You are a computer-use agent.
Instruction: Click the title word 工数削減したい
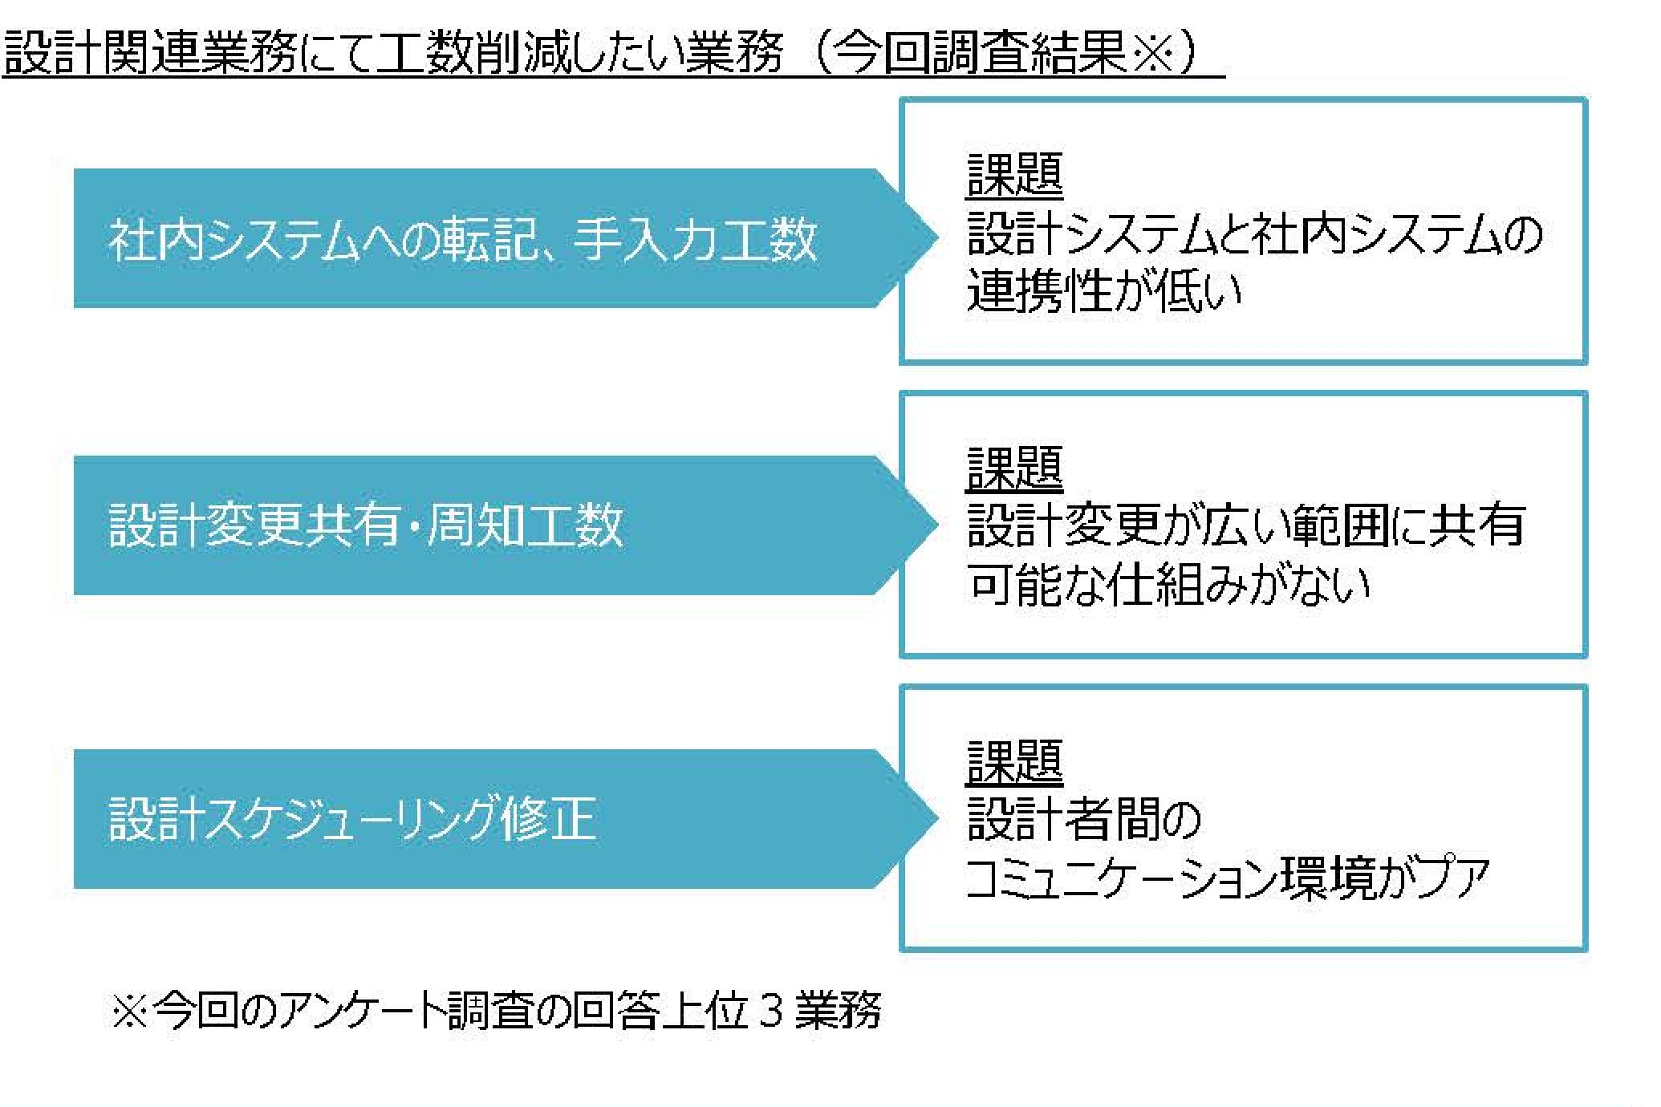pyautogui.click(x=530, y=52)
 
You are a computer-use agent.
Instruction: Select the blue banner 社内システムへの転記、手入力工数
pyautogui.click(x=506, y=238)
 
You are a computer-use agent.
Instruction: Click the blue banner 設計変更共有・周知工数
pyautogui.click(x=506, y=525)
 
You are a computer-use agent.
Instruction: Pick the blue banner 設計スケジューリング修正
pyautogui.click(x=506, y=819)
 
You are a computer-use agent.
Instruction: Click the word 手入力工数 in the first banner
pyautogui.click(x=696, y=239)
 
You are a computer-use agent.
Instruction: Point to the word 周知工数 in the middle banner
pyautogui.click(x=525, y=526)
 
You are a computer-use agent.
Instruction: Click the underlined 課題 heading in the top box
pyautogui.click(x=1014, y=176)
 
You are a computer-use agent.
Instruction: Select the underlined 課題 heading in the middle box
pyautogui.click(x=1014, y=468)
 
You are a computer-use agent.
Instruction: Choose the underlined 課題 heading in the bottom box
pyautogui.click(x=1014, y=762)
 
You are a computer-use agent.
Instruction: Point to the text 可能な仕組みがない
pyautogui.click(x=1168, y=584)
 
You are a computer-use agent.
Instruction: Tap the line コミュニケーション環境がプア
pyautogui.click(x=1228, y=878)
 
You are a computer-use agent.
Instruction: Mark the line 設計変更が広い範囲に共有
pyautogui.click(x=1246, y=525)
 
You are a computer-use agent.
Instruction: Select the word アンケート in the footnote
pyautogui.click(x=361, y=1011)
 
